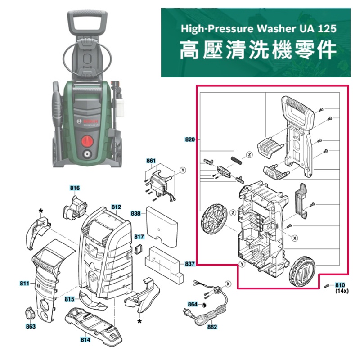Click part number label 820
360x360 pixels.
tap(190, 139)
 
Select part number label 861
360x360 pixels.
tap(151, 161)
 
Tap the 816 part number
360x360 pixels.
tap(75, 188)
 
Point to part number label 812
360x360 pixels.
tap(116, 207)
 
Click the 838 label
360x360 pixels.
tap(135, 213)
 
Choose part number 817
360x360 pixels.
tap(139, 237)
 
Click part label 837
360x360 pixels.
tap(190, 264)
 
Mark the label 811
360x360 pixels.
tap(25, 283)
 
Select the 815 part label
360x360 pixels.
tap(70, 299)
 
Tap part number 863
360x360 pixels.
tap(31, 326)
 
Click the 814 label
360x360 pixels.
tap(85, 340)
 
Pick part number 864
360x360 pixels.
tap(193, 304)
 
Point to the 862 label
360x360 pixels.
tap(212, 327)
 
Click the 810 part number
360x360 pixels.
tap(340, 285)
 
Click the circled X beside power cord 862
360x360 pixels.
tap(228, 284)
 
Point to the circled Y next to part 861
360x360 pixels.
tap(183, 171)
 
